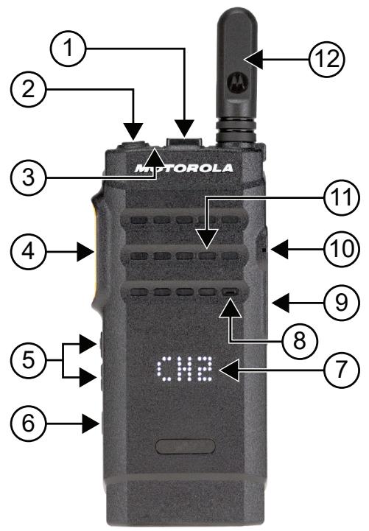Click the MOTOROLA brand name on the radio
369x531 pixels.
click(x=184, y=169)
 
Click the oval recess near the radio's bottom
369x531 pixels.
click(x=184, y=446)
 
